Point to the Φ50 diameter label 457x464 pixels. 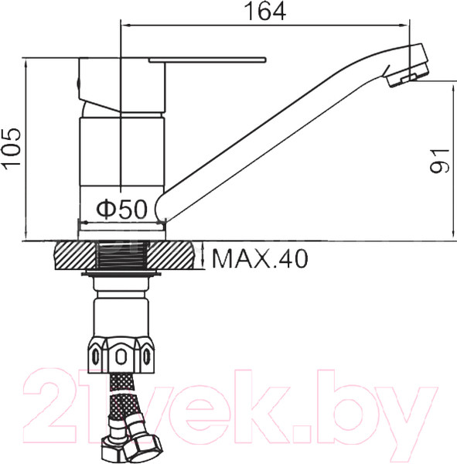click(121, 210)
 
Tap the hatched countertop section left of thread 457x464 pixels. click(72, 255)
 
